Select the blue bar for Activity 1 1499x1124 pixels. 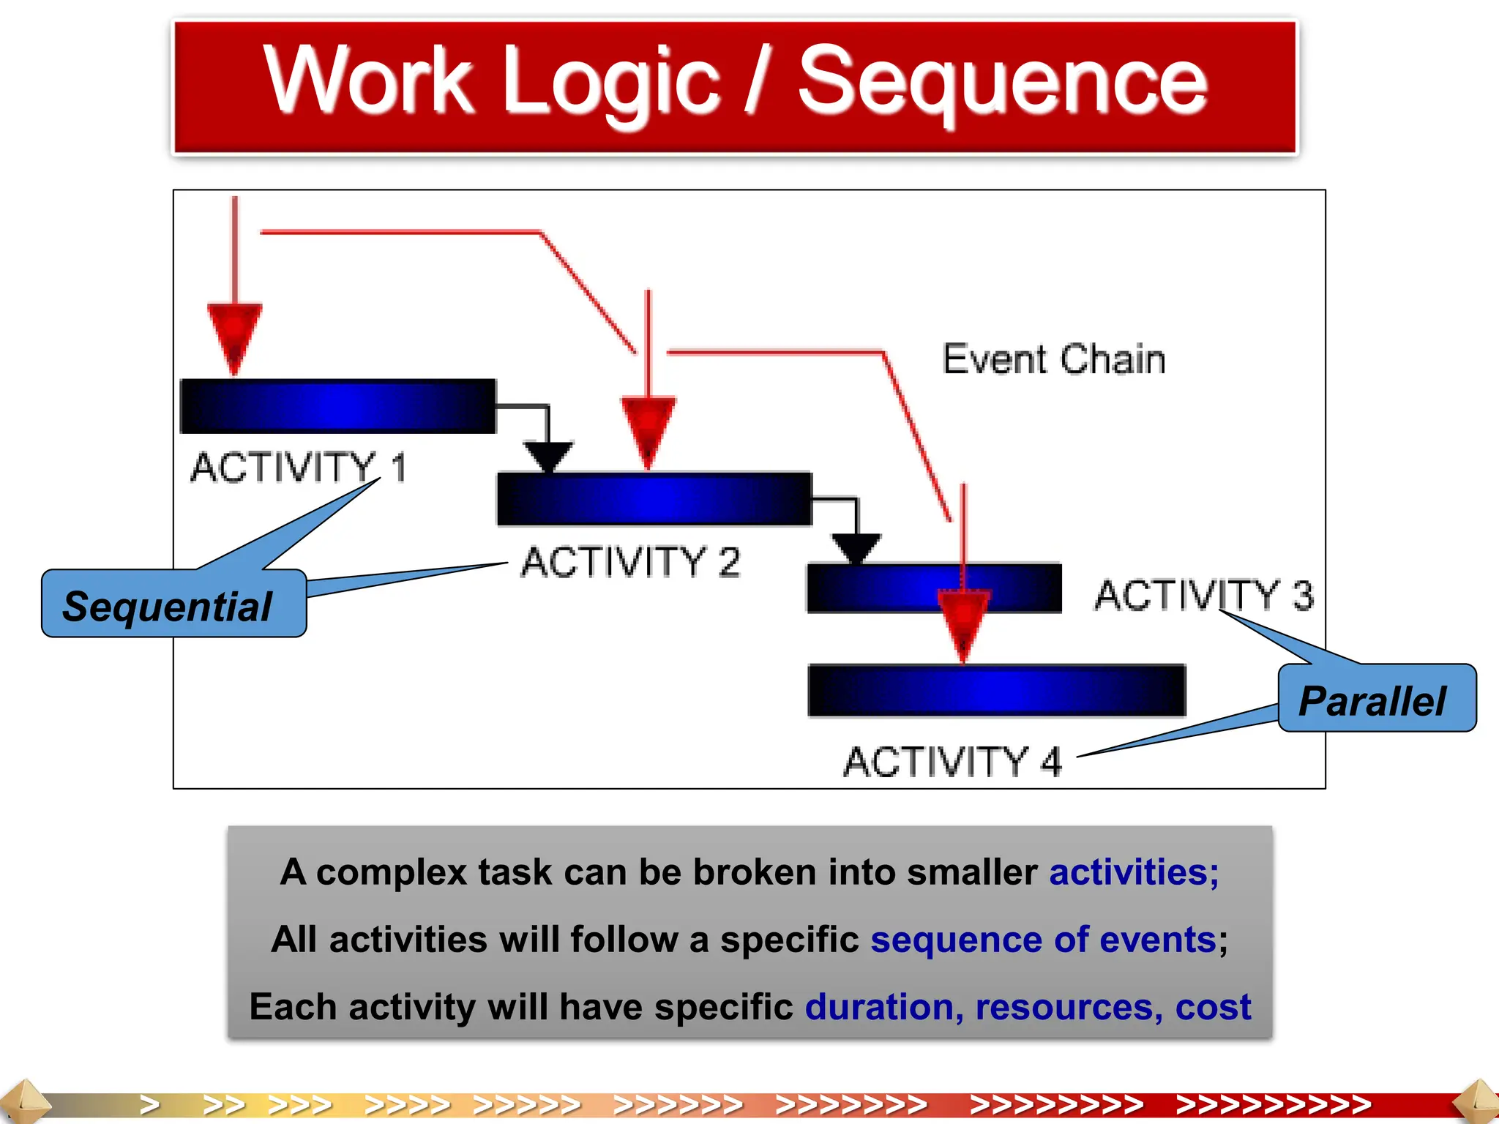click(337, 406)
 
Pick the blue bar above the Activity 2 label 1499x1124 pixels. click(654, 499)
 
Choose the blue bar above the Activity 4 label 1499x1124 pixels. click(996, 690)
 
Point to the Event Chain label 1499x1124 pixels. click(1053, 359)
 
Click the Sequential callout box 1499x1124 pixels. click(173, 604)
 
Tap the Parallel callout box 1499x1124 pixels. click(1376, 699)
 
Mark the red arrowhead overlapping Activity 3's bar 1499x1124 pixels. click(963, 622)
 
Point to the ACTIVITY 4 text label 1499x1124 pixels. click(952, 762)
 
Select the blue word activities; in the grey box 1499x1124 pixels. click(1134, 872)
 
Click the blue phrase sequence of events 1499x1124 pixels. click(1042, 940)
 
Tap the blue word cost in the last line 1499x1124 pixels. click(1213, 1007)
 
